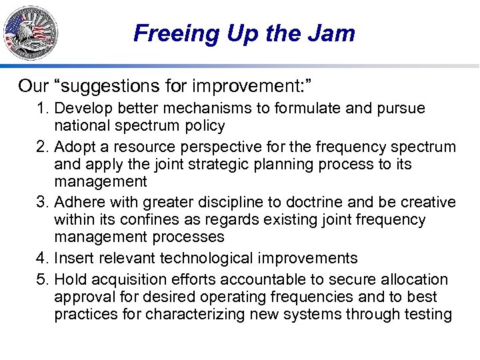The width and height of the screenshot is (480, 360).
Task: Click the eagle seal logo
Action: click(x=31, y=32)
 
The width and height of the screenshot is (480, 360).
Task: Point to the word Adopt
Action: click(x=73, y=147)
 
